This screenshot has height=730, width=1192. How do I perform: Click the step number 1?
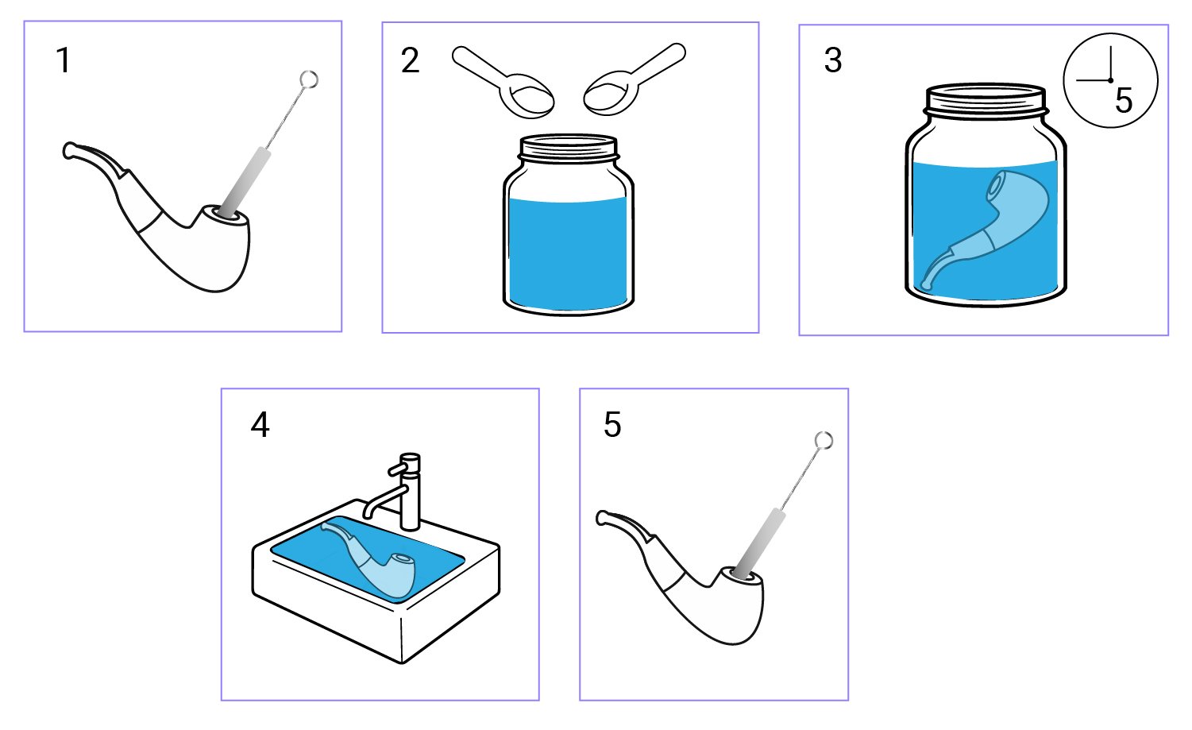(64, 61)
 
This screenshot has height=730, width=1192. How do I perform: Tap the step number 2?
(410, 61)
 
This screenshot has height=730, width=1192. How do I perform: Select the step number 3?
(833, 61)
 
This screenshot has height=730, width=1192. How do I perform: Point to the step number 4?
(260, 426)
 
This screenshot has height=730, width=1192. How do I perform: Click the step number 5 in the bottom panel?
(612, 425)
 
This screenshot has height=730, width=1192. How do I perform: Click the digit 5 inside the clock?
(1123, 101)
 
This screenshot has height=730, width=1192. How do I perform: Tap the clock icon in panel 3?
(1110, 80)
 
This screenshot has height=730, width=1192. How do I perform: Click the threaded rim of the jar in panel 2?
(569, 148)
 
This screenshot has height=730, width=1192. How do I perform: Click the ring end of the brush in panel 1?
(309, 79)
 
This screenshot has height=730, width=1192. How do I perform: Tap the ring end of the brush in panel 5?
(824, 441)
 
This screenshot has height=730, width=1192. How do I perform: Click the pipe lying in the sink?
(373, 560)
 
